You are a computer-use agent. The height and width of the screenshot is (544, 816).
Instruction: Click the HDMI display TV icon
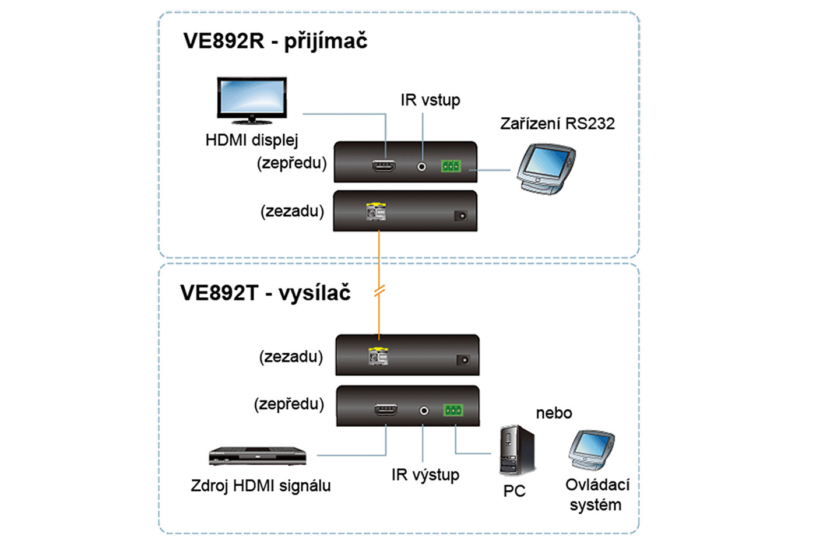(x=252, y=100)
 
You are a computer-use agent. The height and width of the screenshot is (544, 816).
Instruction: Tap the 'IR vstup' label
(x=430, y=100)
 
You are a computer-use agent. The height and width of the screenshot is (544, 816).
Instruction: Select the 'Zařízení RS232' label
(x=557, y=124)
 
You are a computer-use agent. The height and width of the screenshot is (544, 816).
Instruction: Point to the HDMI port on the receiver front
(x=384, y=166)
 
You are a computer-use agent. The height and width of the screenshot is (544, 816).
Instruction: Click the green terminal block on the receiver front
(x=451, y=166)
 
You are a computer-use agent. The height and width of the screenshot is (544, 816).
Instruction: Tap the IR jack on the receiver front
(x=421, y=167)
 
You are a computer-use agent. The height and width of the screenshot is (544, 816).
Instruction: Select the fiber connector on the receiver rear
(x=376, y=212)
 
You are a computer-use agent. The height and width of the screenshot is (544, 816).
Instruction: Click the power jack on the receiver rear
(x=460, y=216)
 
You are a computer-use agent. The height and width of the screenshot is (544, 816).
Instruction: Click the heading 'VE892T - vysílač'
(x=265, y=293)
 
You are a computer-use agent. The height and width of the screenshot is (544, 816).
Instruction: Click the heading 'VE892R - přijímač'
(x=275, y=41)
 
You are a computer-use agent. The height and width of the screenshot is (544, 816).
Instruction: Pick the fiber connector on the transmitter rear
(x=378, y=356)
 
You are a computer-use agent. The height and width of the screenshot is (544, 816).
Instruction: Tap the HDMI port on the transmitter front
(x=386, y=410)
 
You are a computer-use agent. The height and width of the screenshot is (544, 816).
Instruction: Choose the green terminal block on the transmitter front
(x=453, y=410)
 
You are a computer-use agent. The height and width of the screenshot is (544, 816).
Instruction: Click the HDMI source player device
(x=258, y=455)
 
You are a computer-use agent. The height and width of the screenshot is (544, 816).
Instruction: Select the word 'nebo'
(x=554, y=413)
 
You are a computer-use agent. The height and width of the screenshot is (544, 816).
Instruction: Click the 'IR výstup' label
(x=425, y=475)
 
